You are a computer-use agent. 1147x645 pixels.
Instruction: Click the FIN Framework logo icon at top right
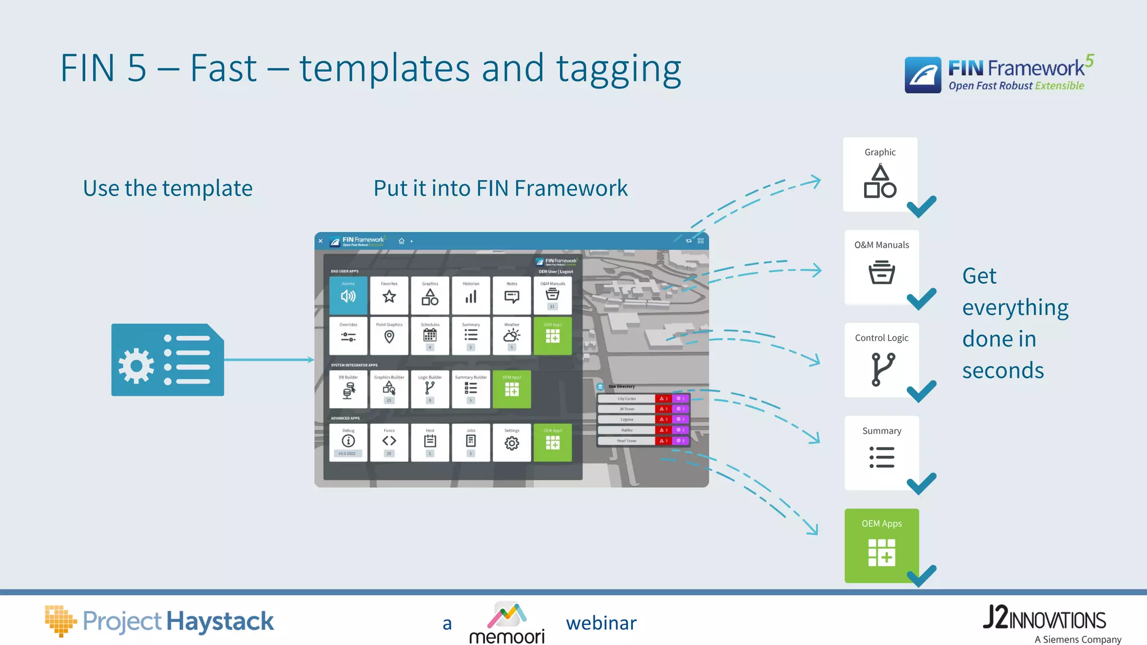922,75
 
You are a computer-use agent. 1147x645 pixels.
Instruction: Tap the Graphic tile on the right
880,175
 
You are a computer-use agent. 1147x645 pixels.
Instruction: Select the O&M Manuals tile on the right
882,267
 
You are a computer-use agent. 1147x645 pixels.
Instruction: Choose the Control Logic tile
882,360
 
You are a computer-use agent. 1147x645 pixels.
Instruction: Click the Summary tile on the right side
882,452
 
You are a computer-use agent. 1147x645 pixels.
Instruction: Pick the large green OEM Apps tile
882,545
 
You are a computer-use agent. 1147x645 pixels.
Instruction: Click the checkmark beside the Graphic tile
921,207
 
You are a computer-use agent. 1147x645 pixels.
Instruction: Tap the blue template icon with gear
167,359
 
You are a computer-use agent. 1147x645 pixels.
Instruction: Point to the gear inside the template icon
136,366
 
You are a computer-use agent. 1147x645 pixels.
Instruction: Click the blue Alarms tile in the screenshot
348,295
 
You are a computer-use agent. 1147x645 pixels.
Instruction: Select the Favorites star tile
389,295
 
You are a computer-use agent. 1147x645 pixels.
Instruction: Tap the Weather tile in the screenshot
511,335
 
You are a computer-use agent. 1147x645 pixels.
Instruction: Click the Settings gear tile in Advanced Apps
511,442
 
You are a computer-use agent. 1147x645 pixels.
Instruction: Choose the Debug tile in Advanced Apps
348,442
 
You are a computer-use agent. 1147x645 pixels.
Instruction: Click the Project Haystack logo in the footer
160,621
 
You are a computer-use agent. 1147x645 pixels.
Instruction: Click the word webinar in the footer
601,623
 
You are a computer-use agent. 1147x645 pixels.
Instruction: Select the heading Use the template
167,189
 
